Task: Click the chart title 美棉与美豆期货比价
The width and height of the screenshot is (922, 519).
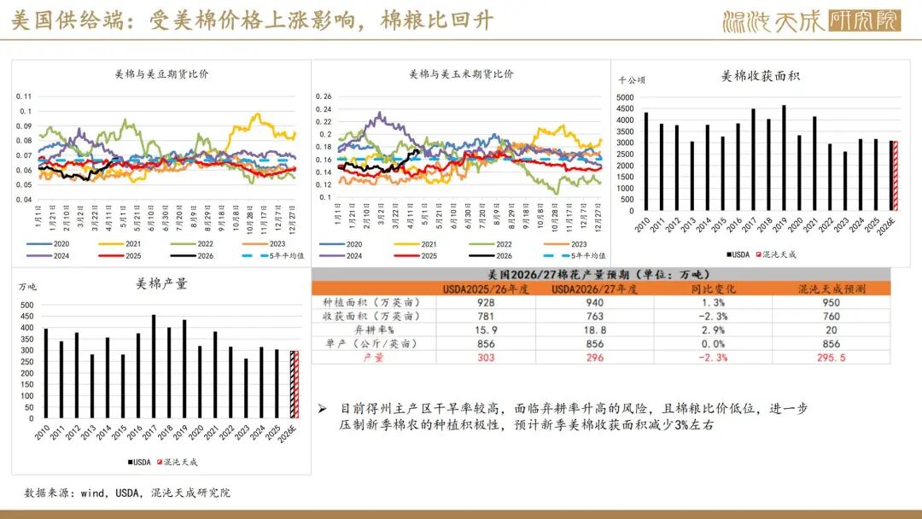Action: [x=161, y=74]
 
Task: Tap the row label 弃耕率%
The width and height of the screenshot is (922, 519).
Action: [x=349, y=330]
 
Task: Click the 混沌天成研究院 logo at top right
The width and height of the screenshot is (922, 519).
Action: [x=811, y=21]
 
